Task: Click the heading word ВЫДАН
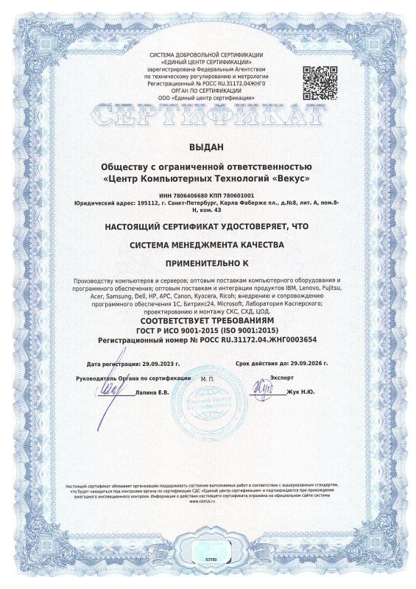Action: (208, 147)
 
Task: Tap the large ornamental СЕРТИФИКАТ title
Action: (208, 116)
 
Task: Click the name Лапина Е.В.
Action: (152, 392)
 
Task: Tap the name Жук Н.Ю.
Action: (299, 392)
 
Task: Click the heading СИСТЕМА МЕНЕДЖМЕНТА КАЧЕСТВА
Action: (208, 244)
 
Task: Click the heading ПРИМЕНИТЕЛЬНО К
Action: (208, 261)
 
